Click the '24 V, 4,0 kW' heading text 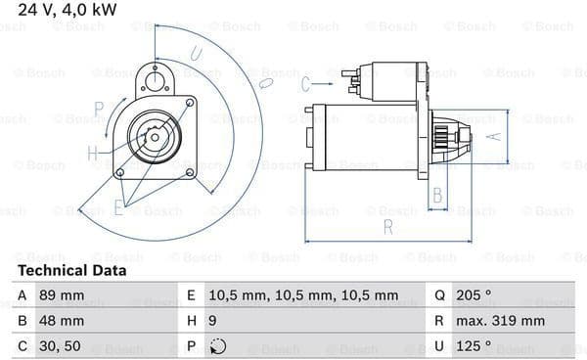pos(68,10)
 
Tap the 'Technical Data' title pos(72,271)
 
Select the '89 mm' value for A pos(62,295)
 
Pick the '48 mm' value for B pos(62,321)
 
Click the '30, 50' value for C pos(60,346)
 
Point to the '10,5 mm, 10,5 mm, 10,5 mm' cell pos(303,295)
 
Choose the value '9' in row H pos(212,321)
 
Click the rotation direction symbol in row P pos(218,346)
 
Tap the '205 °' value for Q pos(474,295)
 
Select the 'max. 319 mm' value pos(500,321)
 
